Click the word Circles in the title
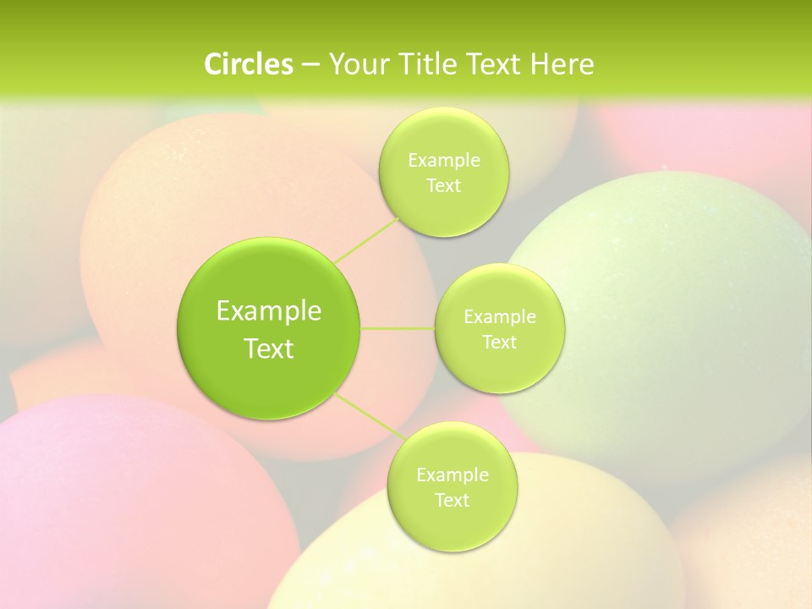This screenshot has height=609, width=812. coord(248,64)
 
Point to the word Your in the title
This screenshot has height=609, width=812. coord(354,64)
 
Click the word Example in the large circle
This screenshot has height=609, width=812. coord(269,311)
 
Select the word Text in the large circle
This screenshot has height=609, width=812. coord(269,348)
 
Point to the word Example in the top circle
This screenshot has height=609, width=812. coord(444,161)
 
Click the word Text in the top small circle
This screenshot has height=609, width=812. coord(443,186)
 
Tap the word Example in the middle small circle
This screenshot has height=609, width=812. coord(500,317)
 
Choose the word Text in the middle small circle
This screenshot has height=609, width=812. coord(500,343)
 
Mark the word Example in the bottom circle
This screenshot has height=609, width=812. coord(453,475)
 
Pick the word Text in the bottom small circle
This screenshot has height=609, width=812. coord(452,501)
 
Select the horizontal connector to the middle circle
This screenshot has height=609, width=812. coord(398,328)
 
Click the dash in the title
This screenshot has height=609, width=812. coord(310,65)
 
